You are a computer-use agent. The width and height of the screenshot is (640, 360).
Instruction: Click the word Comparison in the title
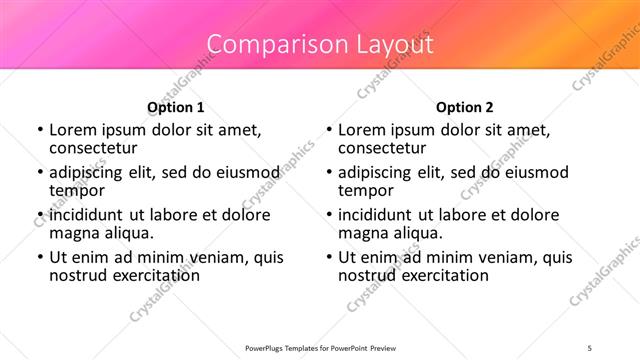click(268, 44)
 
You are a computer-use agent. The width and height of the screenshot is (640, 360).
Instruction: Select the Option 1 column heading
click(175, 107)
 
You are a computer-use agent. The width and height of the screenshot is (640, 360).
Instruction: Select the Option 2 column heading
click(464, 107)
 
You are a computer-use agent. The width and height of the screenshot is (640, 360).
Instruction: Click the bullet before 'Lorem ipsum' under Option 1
click(39, 130)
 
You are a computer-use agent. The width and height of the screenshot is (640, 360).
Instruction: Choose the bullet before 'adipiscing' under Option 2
click(328, 173)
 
